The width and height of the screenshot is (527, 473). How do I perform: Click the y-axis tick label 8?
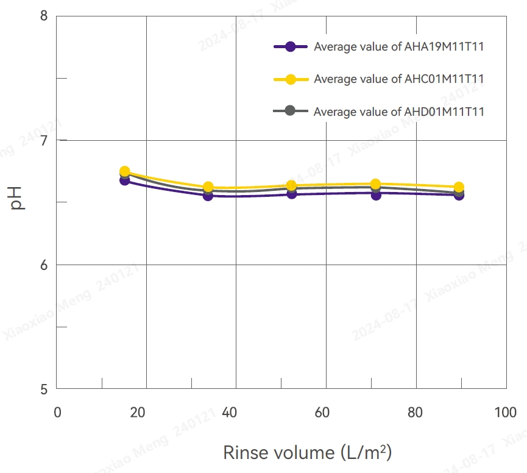coord(43,15)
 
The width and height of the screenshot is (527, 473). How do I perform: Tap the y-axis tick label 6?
coord(43,265)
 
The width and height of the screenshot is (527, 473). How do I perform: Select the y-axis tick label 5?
coord(43,389)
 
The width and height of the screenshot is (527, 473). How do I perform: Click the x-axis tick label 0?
coord(57,413)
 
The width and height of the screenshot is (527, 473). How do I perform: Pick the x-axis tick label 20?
coord(140,413)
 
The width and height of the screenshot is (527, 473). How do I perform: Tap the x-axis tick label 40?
coord(230,413)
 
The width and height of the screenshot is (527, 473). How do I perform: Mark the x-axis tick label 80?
coord(415,413)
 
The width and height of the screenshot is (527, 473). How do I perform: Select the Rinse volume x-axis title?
coord(307,453)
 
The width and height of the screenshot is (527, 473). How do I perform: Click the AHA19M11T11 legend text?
coord(399,47)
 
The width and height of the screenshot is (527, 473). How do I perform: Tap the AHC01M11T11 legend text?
coord(399,79)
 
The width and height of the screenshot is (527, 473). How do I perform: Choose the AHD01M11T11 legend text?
coord(399,112)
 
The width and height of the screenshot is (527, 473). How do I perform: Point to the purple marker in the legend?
coord(290,46)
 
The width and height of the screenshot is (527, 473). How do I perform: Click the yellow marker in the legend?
coord(290,79)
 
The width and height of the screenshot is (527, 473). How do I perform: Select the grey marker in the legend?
coord(290,110)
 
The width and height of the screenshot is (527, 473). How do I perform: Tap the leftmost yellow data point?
coord(125,171)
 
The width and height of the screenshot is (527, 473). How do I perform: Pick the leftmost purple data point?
coord(125,180)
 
